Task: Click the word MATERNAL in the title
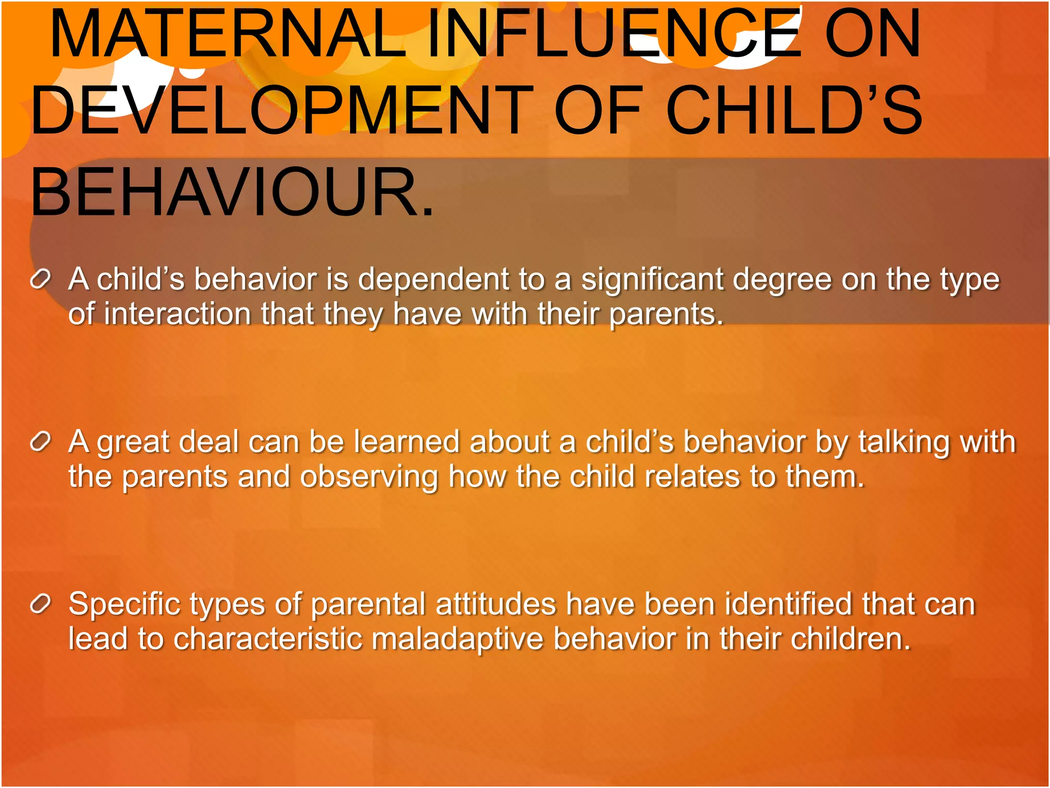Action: [228, 35]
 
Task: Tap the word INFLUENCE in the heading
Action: [613, 35]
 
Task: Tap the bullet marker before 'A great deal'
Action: [41, 441]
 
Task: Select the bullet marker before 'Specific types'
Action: [41, 604]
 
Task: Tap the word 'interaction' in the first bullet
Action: [177, 314]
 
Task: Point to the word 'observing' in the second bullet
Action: [369, 477]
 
